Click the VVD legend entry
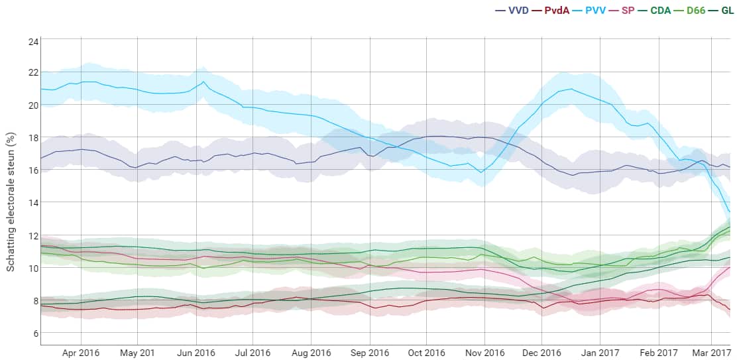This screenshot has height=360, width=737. click(x=512, y=11)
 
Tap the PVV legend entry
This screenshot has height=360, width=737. click(x=595, y=11)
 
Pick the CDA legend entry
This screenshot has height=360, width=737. click(x=665, y=11)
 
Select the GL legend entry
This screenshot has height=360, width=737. click(x=726, y=11)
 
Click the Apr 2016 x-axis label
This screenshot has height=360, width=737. click(x=80, y=353)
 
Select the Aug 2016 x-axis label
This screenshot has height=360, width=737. click(x=311, y=353)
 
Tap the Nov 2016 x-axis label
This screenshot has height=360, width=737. click(x=484, y=353)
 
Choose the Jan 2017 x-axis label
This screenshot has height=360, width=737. click(x=600, y=353)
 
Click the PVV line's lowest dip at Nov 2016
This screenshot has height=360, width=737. click(x=482, y=172)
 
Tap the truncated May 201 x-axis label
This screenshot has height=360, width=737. click(x=138, y=353)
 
